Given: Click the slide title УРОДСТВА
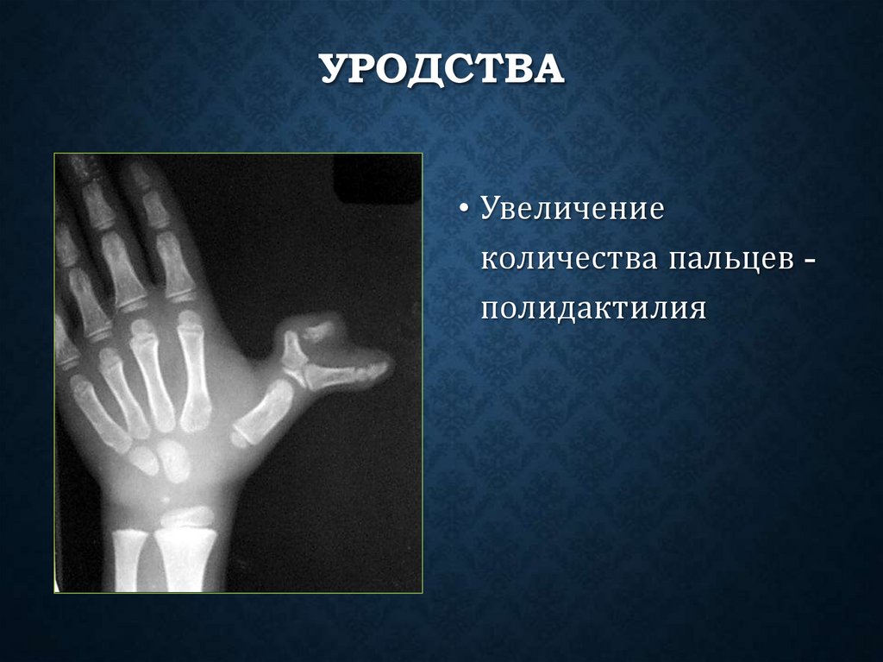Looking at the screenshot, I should click(x=442, y=70).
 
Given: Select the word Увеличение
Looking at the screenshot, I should click(x=572, y=211).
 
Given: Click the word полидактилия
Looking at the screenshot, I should click(x=594, y=307).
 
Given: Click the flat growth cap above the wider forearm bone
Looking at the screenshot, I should click(x=187, y=517).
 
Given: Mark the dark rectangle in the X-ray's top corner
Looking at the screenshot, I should click(x=377, y=178).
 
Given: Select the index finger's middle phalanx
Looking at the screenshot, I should click(x=155, y=207).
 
